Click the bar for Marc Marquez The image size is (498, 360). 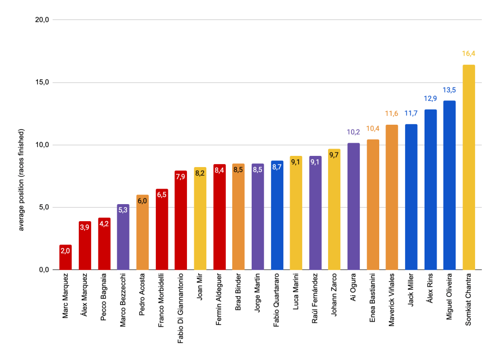point(65,257)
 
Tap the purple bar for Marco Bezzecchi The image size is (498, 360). point(123,237)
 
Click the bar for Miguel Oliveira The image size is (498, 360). point(449,185)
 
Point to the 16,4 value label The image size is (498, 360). point(468,54)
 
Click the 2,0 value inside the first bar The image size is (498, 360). point(65,251)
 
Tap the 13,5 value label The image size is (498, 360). point(449,90)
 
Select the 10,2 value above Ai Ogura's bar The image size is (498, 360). point(353,132)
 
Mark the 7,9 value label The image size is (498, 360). point(181,177)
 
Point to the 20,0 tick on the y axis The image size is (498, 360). point(43,20)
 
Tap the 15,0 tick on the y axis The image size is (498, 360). point(43,82)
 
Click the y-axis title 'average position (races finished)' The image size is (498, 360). point(21,180)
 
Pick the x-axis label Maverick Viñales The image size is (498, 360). point(392,300)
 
